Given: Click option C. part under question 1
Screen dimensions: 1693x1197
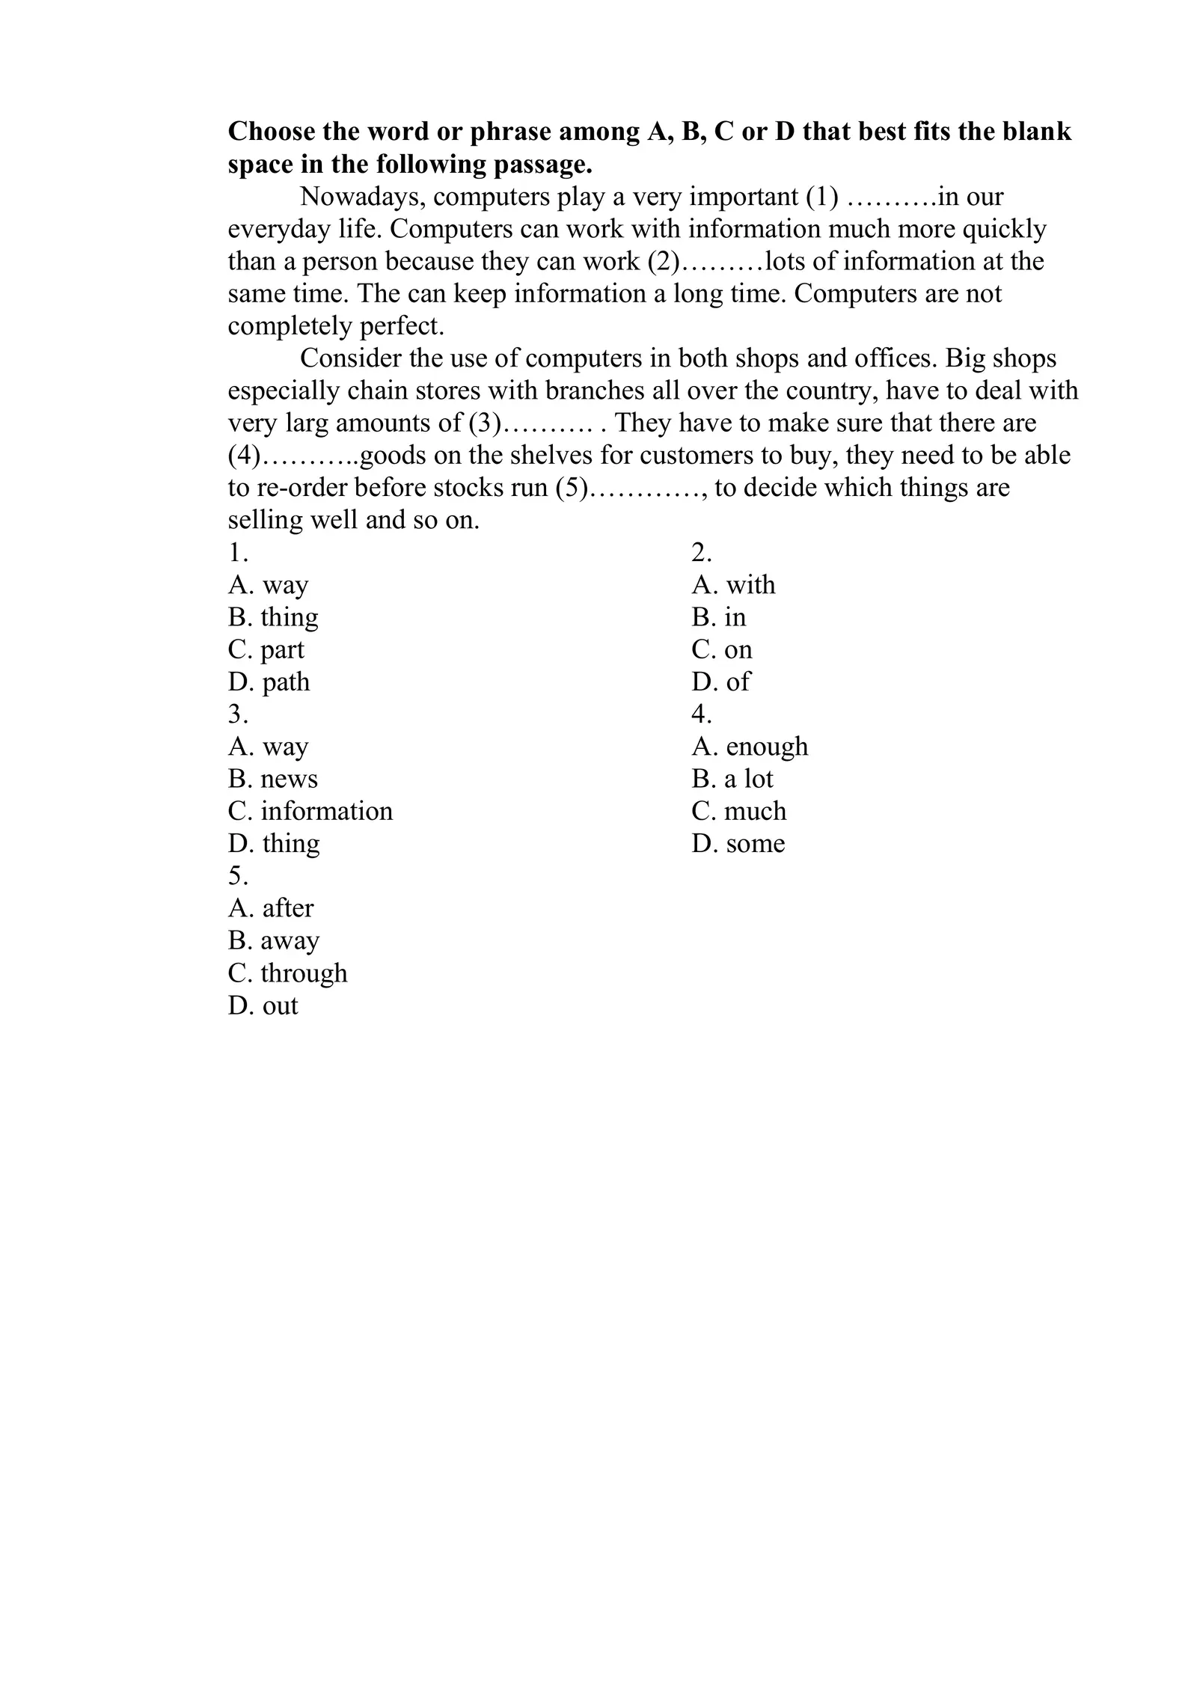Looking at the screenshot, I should (266, 650).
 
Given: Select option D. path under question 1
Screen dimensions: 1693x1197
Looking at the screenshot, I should (269, 682).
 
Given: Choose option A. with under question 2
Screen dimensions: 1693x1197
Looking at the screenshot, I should (733, 585).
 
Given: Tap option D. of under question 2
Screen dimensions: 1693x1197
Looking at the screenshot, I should (720, 682).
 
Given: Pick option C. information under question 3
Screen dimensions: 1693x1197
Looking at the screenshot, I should (310, 812).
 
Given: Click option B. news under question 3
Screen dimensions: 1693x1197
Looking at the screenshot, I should (272, 780).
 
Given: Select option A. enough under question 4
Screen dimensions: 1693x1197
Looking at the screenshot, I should (750, 747).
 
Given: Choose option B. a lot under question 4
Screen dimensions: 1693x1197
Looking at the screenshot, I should (732, 780).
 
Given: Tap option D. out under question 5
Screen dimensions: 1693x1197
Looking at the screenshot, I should (263, 1006).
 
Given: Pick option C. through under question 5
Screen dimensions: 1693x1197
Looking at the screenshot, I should (287, 973).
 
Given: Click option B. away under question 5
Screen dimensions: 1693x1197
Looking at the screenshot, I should (273, 941).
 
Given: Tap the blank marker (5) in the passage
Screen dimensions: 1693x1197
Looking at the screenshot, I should (571, 488).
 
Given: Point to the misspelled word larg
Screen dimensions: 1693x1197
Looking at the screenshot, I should (307, 423).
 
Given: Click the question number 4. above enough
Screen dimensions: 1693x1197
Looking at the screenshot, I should (701, 714).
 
